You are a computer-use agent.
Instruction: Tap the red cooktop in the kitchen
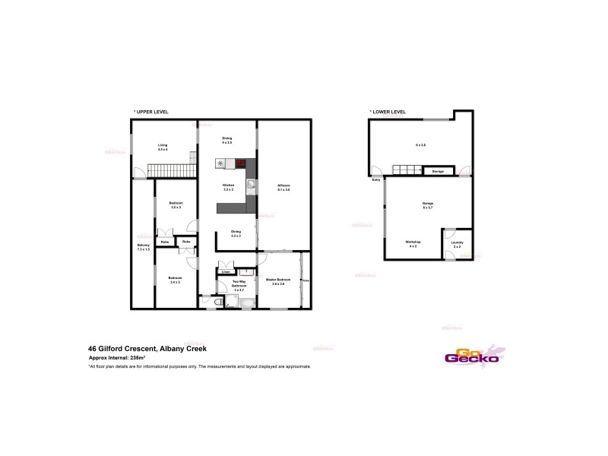point(242,163)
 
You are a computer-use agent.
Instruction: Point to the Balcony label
point(143,246)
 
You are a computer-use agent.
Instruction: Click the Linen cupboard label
point(226,271)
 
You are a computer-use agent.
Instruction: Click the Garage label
point(428,204)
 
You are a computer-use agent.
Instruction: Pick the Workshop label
point(413,242)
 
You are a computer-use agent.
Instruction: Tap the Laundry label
point(457,244)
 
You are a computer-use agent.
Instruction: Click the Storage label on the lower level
point(438,172)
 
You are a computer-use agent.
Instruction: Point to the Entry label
point(375,180)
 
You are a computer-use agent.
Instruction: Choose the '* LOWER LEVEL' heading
point(388,112)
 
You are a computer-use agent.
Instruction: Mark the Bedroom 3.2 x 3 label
point(176,204)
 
